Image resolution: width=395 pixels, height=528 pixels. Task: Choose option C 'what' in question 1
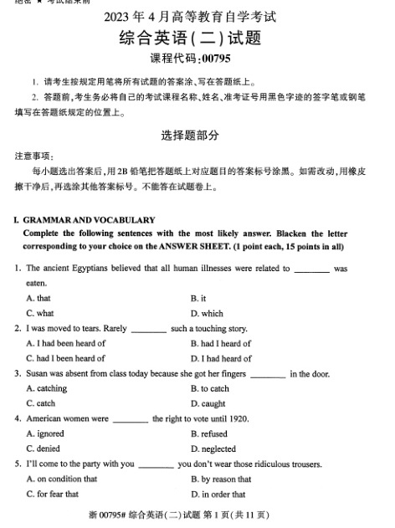point(40,314)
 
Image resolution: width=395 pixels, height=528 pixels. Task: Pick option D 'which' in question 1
point(207,314)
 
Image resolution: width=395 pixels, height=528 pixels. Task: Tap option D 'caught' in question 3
point(208,403)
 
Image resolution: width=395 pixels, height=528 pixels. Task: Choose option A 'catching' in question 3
point(47,388)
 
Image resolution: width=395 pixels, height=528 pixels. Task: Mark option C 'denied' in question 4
point(45,449)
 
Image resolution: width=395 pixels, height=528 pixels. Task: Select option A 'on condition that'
point(62,479)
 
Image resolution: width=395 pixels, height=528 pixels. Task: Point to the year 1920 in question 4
point(239,418)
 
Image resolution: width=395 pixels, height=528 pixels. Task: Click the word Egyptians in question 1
point(90,269)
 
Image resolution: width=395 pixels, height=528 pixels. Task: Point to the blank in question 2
point(149,329)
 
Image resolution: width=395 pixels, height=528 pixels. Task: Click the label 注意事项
point(33,156)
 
